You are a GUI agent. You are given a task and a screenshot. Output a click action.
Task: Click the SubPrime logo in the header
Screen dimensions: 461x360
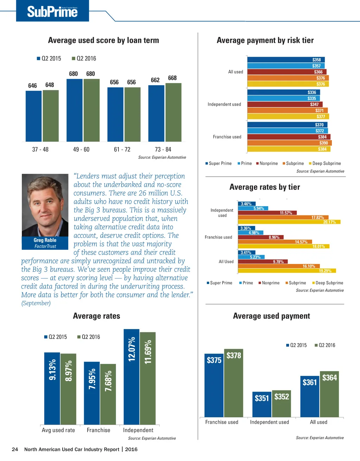pyautogui.click(x=52, y=12)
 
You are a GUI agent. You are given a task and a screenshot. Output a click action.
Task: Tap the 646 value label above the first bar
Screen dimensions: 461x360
pyautogui.click(x=32, y=86)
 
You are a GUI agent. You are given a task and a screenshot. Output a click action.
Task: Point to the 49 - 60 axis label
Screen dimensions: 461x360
pyautogui.click(x=81, y=150)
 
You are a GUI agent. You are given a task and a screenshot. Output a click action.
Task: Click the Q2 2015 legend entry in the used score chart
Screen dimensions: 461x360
pyautogui.click(x=49, y=58)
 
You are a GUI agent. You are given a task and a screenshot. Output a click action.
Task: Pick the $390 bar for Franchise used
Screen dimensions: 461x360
pyautogui.click(x=289, y=143)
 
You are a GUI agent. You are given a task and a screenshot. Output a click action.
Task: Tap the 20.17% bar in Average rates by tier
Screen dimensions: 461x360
pyautogui.click(x=289, y=222)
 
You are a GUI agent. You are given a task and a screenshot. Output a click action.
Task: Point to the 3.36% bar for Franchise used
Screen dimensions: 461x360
pyautogui.click(x=246, y=228)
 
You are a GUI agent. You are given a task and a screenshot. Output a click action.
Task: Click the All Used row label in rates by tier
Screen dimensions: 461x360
pyautogui.click(x=226, y=261)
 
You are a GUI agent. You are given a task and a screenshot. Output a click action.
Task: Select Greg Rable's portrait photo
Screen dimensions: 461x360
pyautogui.click(x=45, y=205)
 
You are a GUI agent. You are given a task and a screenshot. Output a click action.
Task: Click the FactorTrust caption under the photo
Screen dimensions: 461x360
pyautogui.click(x=45, y=246)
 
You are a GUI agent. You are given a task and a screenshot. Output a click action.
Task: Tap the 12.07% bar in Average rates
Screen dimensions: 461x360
pyautogui.click(x=131, y=377)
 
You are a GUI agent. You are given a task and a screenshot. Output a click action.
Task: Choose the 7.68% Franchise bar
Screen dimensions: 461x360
pyautogui.click(x=108, y=394)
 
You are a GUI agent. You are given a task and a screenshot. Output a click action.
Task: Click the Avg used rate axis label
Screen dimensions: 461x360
pyautogui.click(x=58, y=430)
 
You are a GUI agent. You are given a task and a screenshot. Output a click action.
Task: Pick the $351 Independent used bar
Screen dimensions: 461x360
pyautogui.click(x=262, y=404)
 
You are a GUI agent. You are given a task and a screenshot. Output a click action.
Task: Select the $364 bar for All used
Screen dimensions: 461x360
pyautogui.click(x=329, y=394)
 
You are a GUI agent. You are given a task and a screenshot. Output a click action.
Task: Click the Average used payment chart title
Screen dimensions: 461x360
pyautogui.click(x=271, y=316)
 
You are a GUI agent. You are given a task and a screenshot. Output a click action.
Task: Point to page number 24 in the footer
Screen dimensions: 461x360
pyautogui.click(x=15, y=449)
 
